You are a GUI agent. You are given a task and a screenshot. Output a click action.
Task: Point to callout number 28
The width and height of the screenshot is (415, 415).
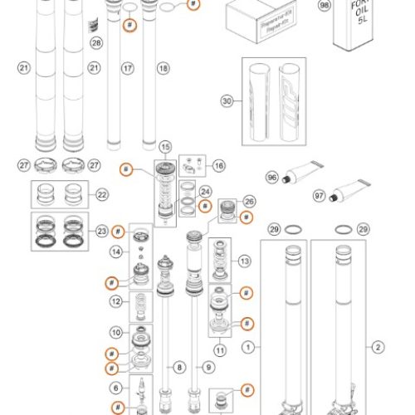tap(96, 42)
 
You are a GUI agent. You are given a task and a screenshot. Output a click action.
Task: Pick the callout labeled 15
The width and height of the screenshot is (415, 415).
tap(165, 147)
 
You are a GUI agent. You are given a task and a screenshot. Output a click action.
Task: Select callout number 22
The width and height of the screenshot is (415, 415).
tap(102, 195)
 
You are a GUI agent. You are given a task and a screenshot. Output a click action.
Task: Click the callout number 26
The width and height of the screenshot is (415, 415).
tap(249, 201)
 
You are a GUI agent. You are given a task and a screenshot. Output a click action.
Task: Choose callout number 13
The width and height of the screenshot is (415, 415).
tap(244, 261)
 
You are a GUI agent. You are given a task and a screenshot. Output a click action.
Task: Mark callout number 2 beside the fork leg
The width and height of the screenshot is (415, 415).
tap(379, 348)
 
